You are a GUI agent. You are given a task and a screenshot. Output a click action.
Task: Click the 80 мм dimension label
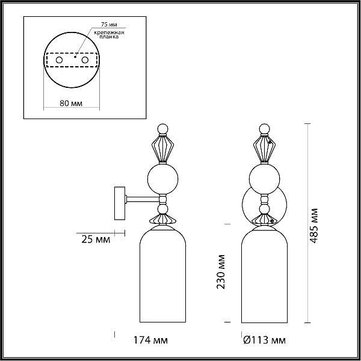[71, 103]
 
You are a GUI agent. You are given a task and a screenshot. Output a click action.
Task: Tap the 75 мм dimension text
[109, 25]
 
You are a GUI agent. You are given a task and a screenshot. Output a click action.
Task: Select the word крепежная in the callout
[109, 32]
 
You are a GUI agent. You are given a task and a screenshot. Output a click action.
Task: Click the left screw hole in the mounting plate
[59, 60]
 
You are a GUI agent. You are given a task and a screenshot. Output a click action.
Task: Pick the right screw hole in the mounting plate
[85, 60]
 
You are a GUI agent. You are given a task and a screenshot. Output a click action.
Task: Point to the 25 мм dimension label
[96, 239]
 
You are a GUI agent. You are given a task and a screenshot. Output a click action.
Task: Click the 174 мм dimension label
[150, 340]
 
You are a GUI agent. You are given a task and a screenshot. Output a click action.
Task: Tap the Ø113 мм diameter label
[264, 340]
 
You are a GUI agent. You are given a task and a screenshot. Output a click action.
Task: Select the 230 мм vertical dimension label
[221, 272]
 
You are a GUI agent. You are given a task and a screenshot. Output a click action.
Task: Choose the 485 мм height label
[313, 226]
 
